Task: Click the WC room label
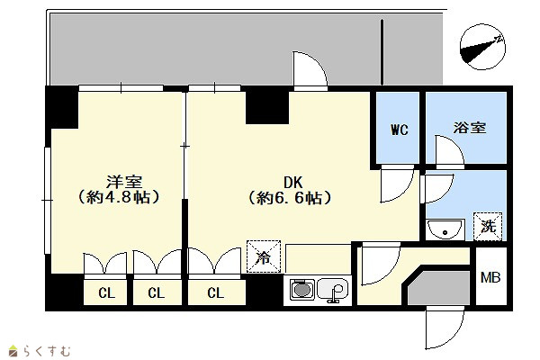pos(400,130)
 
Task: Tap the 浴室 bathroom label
pos(470,128)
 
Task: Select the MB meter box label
pos(490,277)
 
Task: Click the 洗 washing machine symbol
pos(488,226)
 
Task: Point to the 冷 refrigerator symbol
pos(264,256)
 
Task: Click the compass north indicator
pos(482,47)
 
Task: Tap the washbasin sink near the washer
pos(445,229)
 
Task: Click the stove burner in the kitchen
pos(302,290)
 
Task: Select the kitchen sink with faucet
pos(333,290)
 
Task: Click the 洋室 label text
pos(124,182)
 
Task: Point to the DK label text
pos(292,182)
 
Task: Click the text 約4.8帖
pos(118,198)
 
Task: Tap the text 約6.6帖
pos(290,198)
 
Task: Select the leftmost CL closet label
pos(106,293)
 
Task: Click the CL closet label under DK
pos(216,292)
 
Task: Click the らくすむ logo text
pos(47,351)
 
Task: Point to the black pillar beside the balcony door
pos(267,105)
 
